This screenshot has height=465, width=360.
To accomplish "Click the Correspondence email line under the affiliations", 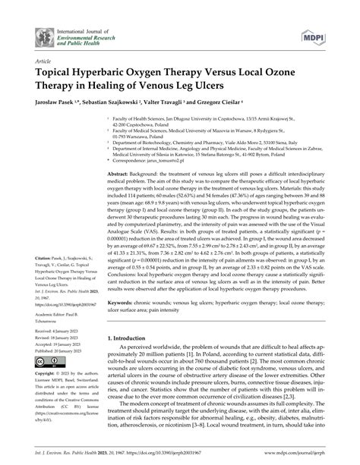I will click(x=156, y=161).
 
